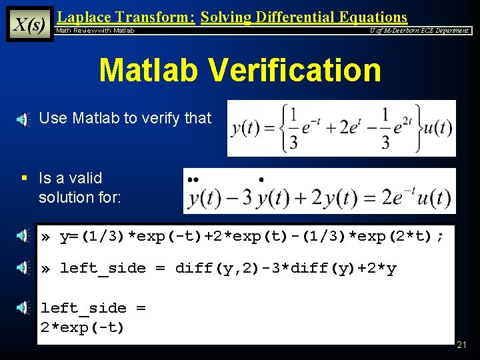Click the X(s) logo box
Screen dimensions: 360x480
click(30, 25)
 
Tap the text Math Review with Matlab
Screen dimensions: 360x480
click(95, 31)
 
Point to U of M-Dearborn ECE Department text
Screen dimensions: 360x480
click(419, 31)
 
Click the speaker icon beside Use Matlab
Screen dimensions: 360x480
click(23, 119)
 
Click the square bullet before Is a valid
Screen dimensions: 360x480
click(23, 179)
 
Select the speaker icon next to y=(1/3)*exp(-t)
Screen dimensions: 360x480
click(23, 235)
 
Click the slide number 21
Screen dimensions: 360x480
click(462, 345)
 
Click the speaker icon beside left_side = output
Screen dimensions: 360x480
click(23, 308)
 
